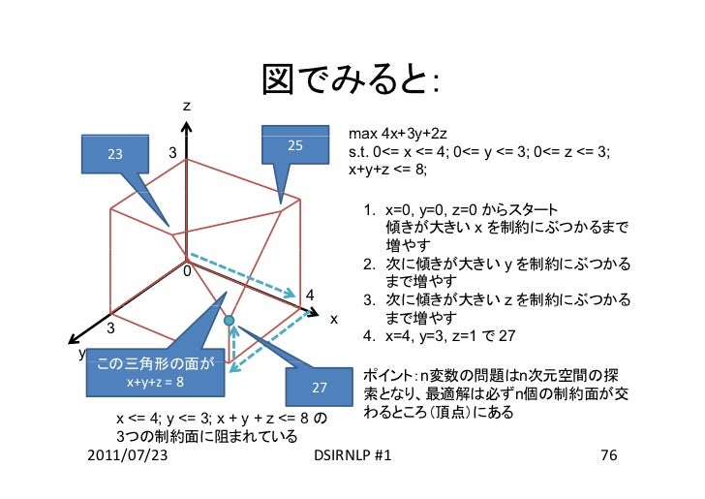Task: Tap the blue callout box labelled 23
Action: tap(115, 154)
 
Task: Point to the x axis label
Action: tap(332, 318)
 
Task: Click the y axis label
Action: tap(80, 353)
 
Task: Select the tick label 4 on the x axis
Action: tap(309, 295)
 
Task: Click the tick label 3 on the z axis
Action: tap(171, 154)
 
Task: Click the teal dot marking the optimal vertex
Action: tap(230, 320)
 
